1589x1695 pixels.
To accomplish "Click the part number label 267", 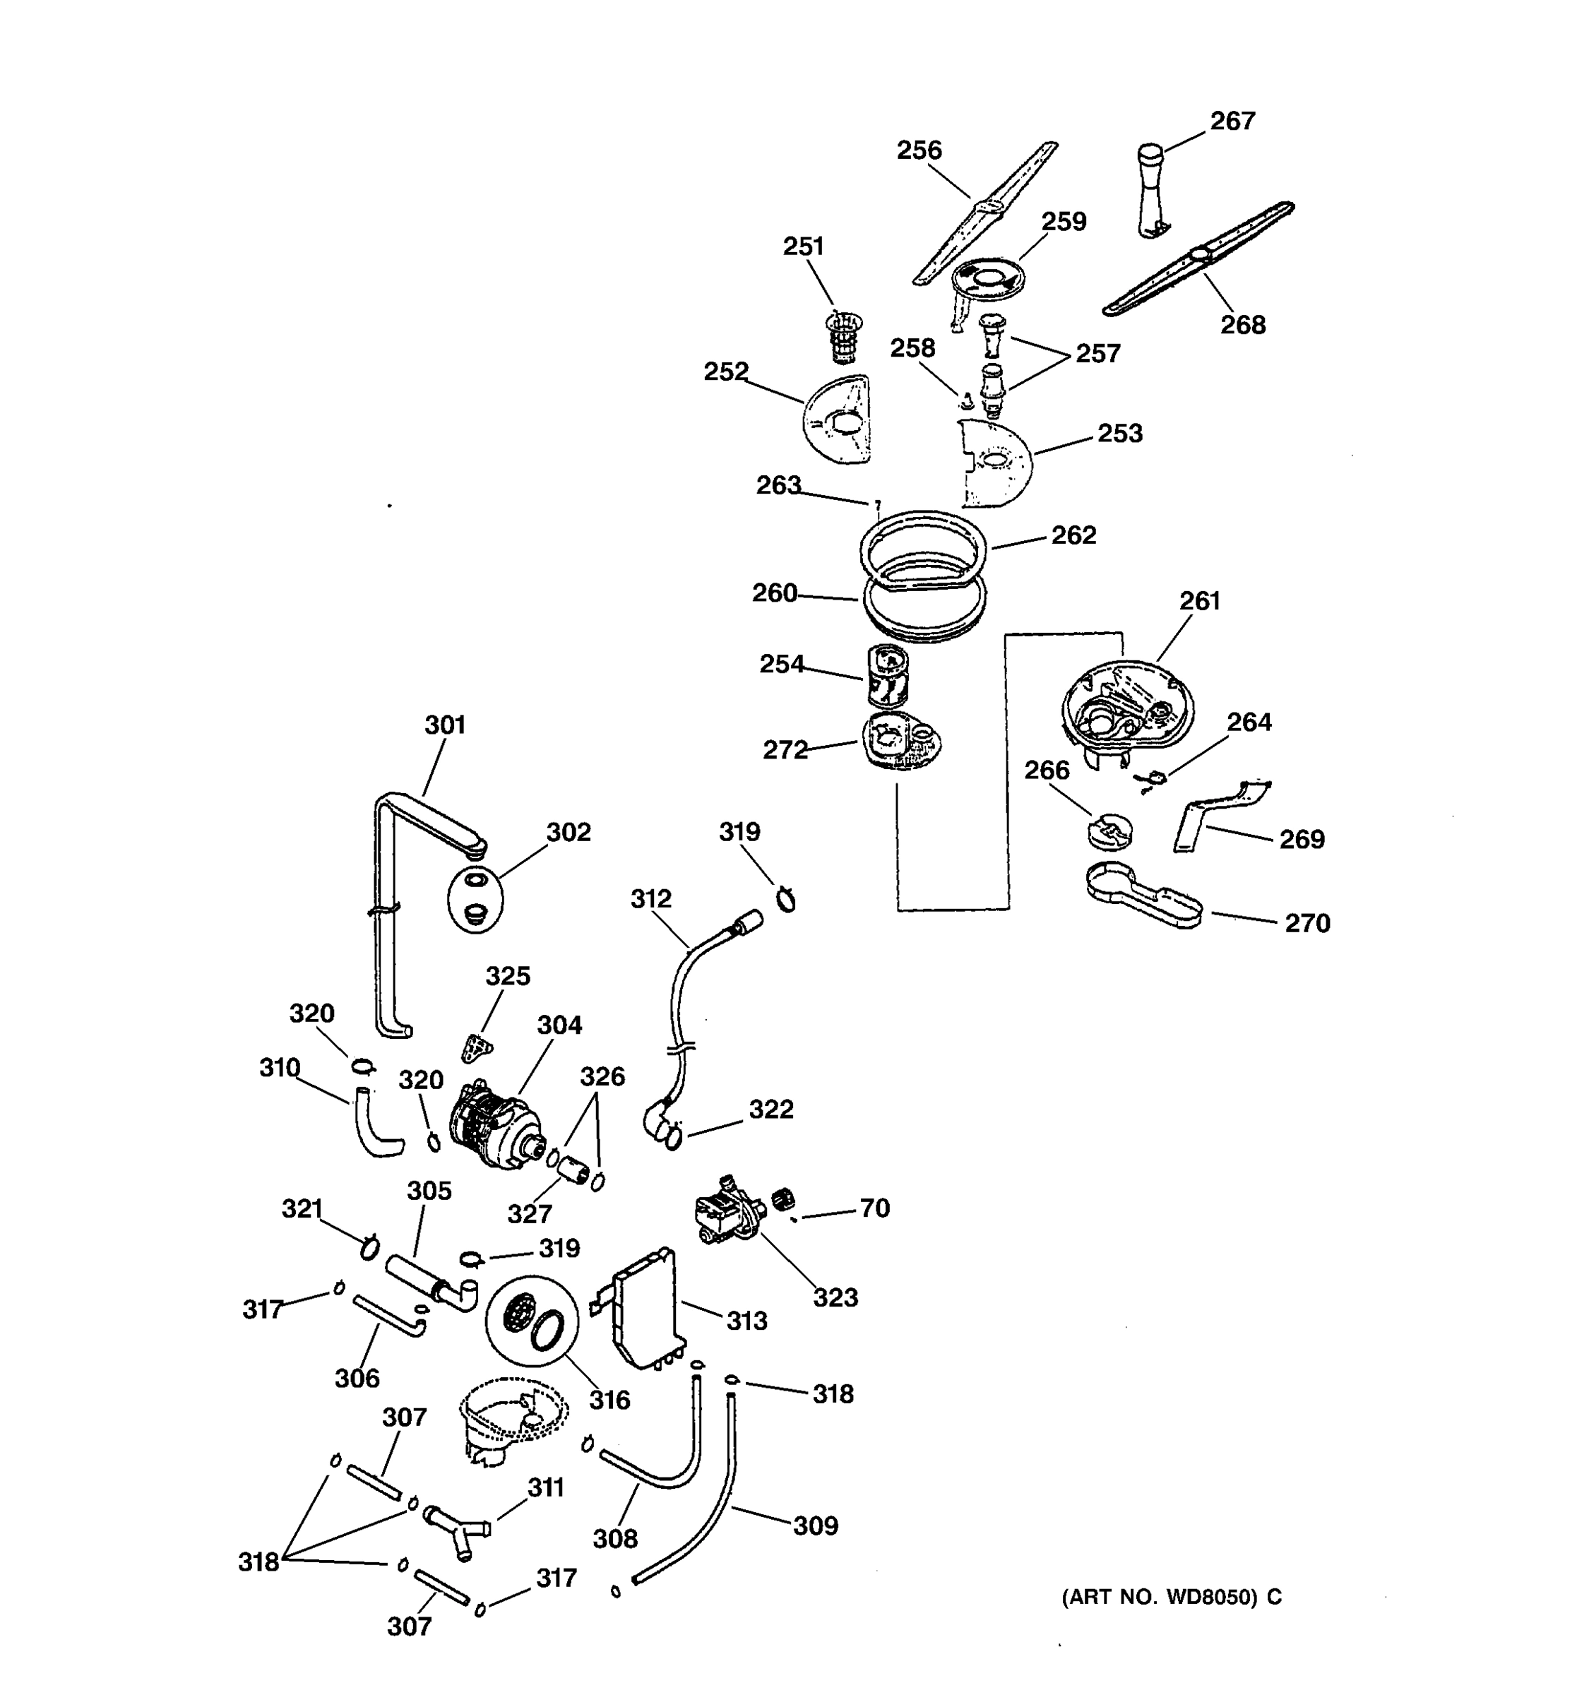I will click(x=1232, y=121).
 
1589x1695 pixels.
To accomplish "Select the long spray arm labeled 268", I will click(x=1198, y=258).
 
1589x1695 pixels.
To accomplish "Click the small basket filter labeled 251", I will click(x=844, y=336).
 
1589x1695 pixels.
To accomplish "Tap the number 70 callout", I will click(x=874, y=1208).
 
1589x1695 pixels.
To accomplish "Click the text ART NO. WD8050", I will click(x=1160, y=1597).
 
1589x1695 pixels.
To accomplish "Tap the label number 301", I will click(x=445, y=725).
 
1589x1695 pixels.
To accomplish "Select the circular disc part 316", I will click(x=532, y=1321).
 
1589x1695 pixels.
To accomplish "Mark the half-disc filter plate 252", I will click(x=837, y=420).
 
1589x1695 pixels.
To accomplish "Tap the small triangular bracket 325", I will click(x=477, y=1048).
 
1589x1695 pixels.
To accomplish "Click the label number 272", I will click(x=785, y=749).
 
